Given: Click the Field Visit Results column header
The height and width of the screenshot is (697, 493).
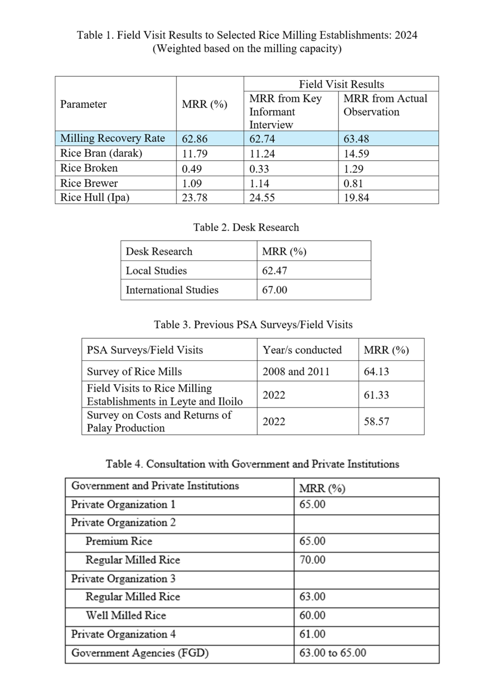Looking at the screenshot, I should pyautogui.click(x=341, y=84).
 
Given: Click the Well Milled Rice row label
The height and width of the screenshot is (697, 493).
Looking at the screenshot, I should pyautogui.click(x=126, y=615).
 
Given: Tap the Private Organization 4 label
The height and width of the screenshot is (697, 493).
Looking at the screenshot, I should pyautogui.click(x=123, y=634).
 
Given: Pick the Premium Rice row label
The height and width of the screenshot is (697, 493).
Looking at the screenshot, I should pyautogui.click(x=119, y=541).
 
